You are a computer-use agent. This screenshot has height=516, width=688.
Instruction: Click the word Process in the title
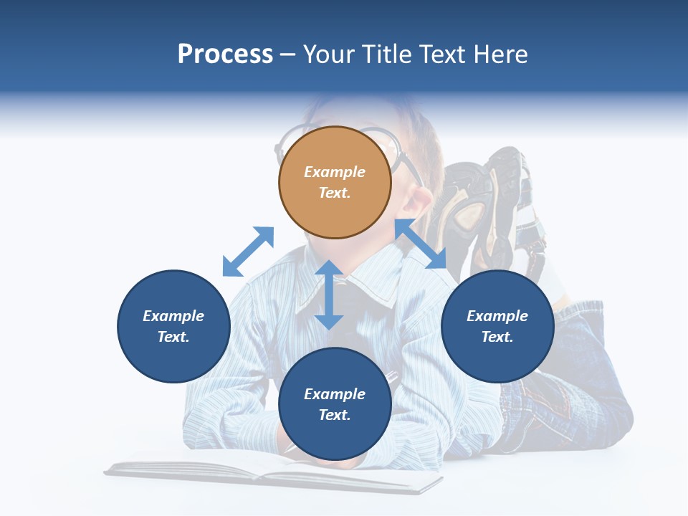225,54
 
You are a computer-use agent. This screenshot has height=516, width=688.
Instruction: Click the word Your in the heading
330,54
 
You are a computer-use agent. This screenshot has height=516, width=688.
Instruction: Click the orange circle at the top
335,182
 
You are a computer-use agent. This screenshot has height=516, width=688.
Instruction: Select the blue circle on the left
173,326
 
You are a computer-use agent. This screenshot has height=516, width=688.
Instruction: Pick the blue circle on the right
497,326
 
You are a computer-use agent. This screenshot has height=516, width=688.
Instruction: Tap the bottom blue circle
335,404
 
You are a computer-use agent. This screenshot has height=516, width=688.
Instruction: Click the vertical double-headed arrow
329,295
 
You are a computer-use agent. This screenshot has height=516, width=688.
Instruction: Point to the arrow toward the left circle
248,252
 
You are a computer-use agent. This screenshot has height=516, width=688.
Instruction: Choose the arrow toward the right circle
421,244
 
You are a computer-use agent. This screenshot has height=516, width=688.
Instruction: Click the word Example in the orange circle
335,172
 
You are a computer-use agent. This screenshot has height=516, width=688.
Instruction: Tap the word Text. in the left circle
173,337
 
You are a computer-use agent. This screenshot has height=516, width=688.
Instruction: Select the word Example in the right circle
497,316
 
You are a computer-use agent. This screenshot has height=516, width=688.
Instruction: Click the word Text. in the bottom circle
335,415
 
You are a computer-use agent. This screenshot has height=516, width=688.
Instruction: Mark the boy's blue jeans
573,401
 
